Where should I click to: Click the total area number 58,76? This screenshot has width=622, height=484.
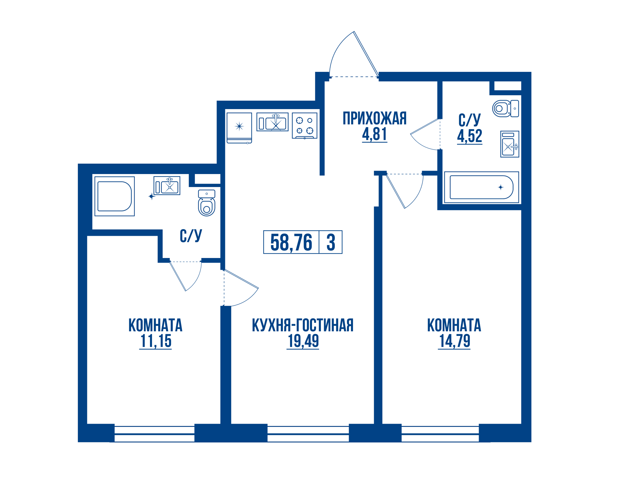pos(291,242)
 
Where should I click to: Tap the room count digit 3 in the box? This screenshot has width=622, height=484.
pos(331,242)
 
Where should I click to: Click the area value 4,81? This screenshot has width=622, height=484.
pos(374,134)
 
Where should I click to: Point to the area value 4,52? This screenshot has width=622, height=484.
pos(469,136)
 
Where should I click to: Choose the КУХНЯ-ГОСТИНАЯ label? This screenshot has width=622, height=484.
pos(302,325)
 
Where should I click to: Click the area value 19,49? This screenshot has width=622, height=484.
pos(303,341)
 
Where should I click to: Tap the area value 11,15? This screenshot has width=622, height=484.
pos(156,341)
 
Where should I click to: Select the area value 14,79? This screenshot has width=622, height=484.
pos(454,341)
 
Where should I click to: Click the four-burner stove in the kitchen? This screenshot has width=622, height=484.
pos(305,126)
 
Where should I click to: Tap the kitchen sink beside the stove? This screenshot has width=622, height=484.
pos(273,122)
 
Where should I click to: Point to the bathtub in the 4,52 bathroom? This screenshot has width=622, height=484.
pos(481,187)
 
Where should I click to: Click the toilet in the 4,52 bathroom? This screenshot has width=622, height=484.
pos(505,109)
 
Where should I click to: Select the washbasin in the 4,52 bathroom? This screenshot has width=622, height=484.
pos(510,144)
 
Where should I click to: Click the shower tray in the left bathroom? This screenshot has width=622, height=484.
pos(114,196)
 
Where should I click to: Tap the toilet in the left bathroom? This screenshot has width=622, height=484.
pos(206,203)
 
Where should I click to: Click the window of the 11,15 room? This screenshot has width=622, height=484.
pos(154,434)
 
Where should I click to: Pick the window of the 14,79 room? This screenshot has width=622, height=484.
pos(440,434)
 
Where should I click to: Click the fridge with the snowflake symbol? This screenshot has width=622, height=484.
pos(239,128)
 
